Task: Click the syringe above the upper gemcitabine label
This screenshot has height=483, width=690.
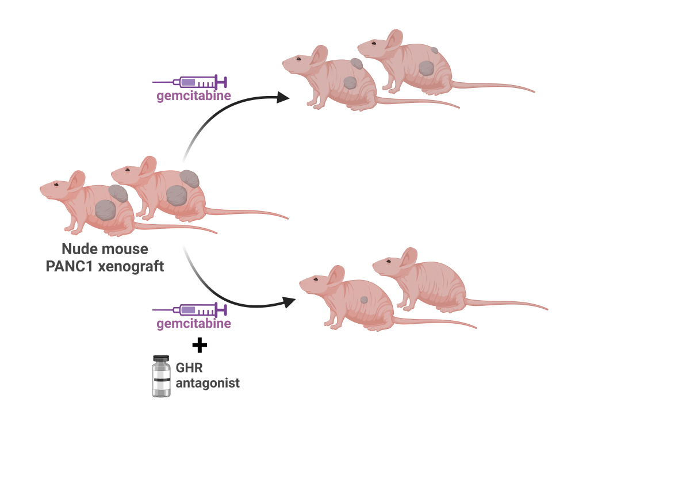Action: [190, 82]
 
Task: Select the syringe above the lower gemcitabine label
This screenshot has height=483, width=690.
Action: [190, 310]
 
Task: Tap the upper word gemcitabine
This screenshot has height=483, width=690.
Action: [194, 95]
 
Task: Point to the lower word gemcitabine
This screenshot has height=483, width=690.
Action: [194, 324]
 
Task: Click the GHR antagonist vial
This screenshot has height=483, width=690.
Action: [161, 377]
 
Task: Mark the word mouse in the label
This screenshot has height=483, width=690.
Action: [127, 250]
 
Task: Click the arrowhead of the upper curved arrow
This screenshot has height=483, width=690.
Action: [283, 97]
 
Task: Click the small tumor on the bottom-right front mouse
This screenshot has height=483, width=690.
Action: [363, 300]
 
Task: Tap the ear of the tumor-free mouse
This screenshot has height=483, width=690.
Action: [409, 258]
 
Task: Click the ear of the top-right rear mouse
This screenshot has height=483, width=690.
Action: [394, 39]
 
